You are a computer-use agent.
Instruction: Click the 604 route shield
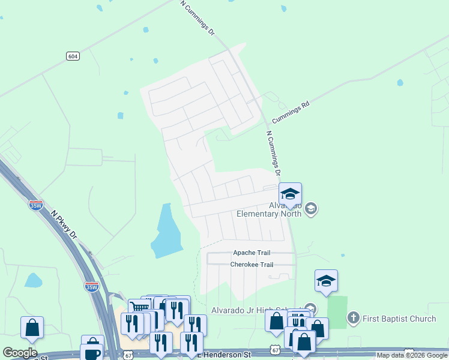pyautogui.click(x=73, y=56)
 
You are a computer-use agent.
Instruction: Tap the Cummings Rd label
pyautogui.click(x=291, y=112)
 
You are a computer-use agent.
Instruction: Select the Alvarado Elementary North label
pyautogui.click(x=268, y=209)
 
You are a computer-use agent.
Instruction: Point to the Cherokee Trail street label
pyautogui.click(x=252, y=265)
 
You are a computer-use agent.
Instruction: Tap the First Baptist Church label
pyautogui.click(x=399, y=318)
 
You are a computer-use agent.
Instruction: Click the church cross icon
pyautogui.click(x=354, y=317)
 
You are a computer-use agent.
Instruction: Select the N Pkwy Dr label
pyautogui.click(x=64, y=224)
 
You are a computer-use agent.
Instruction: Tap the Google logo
pyautogui.click(x=20, y=353)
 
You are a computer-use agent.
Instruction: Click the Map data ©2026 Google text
pyautogui.click(x=412, y=356)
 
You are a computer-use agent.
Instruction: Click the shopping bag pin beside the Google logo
pyautogui.click(x=32, y=328)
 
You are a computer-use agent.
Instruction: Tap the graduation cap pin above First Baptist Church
pyautogui.click(x=326, y=281)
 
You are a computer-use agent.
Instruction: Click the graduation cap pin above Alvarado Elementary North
pyautogui.click(x=290, y=194)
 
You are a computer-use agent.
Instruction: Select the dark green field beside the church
pyautogui.click(x=337, y=311)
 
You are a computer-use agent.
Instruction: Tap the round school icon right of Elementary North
pyautogui.click(x=310, y=209)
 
